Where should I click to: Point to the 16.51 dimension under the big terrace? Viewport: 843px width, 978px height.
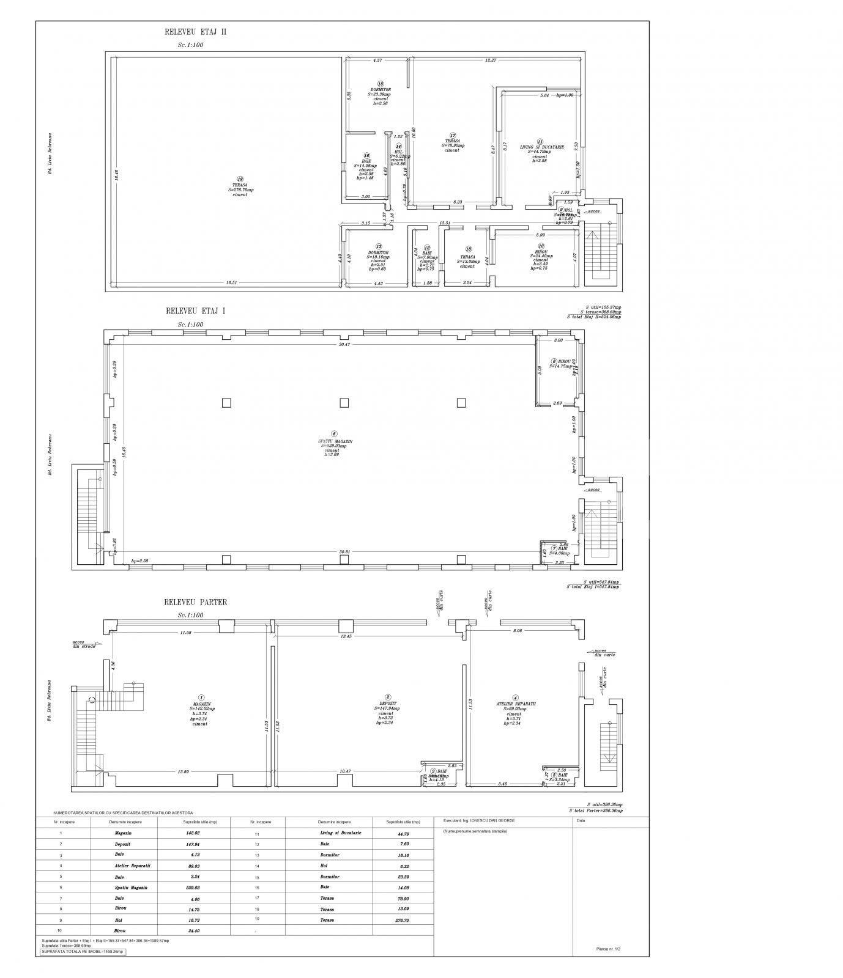(231, 282)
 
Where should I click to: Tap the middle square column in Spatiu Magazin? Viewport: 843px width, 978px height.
(344, 402)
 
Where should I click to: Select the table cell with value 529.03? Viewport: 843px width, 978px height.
(193, 887)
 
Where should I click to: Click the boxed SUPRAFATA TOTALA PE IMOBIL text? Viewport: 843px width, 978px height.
(83, 952)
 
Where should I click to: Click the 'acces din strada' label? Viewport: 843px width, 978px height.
(84, 644)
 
